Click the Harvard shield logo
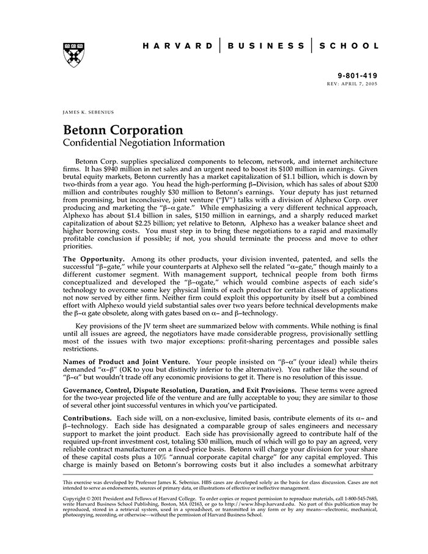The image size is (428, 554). click(x=75, y=54)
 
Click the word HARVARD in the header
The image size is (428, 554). click(x=177, y=46)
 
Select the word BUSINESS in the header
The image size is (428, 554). click(x=265, y=46)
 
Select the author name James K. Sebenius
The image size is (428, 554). click(x=88, y=113)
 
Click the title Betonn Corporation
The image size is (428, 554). click(x=123, y=130)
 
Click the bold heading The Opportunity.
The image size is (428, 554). click(x=94, y=260)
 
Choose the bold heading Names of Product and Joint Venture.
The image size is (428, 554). click(x=126, y=361)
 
